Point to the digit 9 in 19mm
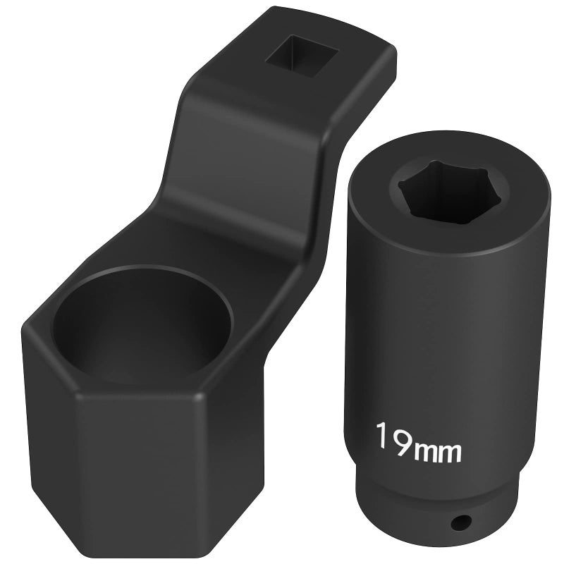coord(404,441)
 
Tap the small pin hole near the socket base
coord(462,521)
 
